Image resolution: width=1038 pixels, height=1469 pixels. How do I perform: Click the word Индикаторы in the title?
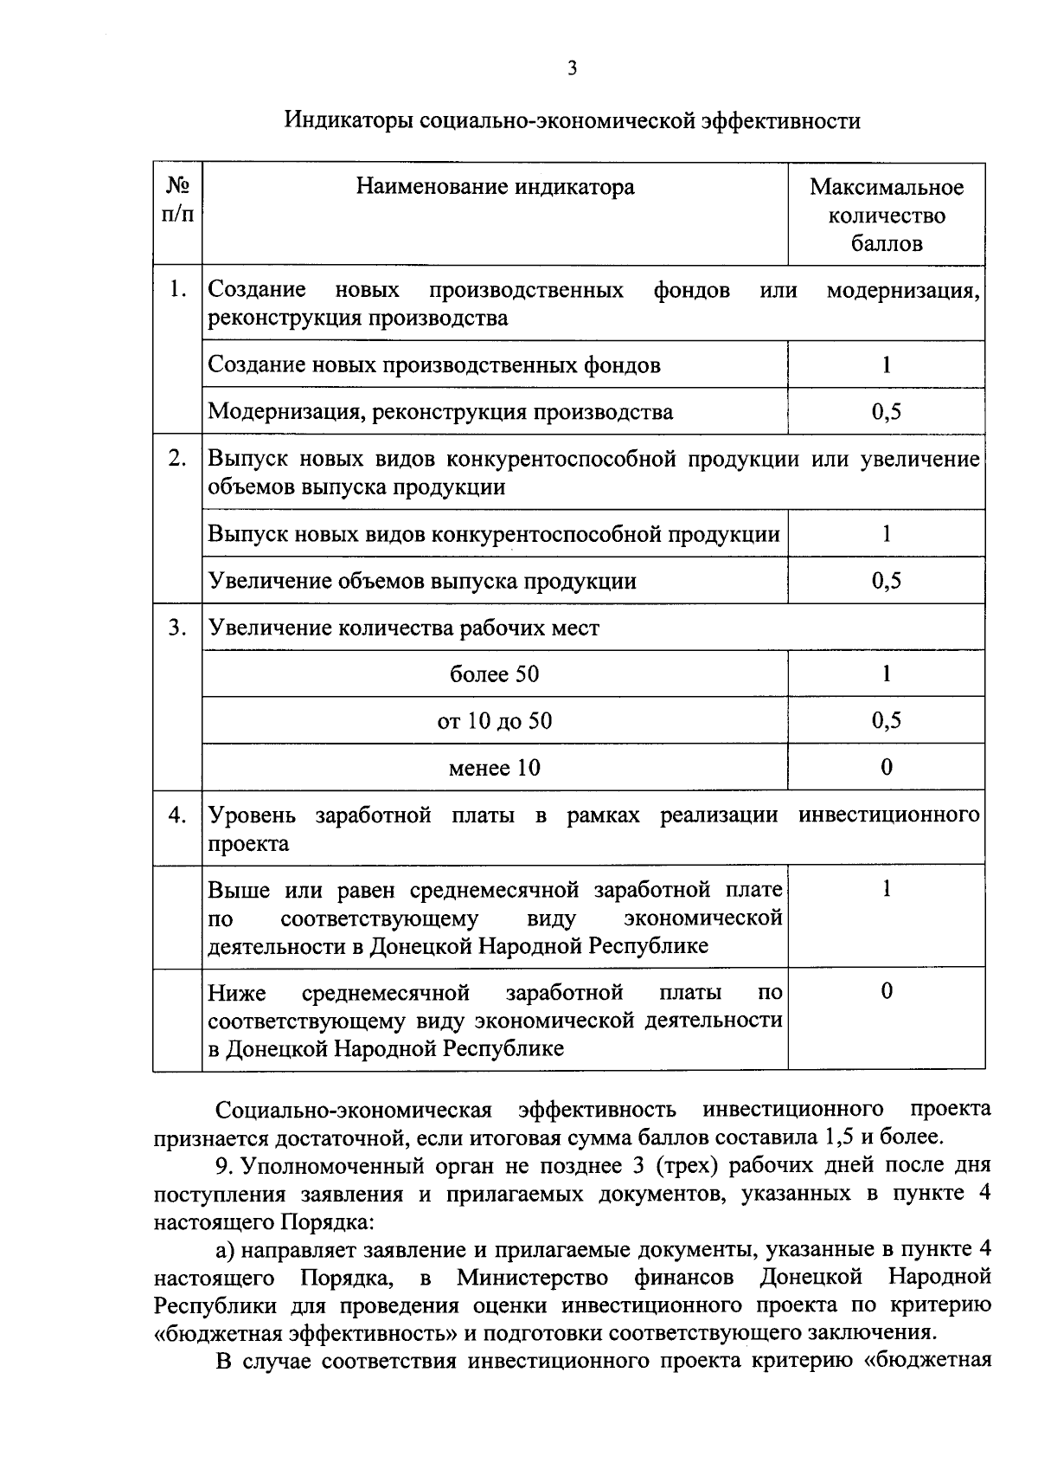click(348, 120)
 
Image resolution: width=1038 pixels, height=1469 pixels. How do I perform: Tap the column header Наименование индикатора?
click(495, 187)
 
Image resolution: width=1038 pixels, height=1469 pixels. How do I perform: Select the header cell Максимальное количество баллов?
click(886, 215)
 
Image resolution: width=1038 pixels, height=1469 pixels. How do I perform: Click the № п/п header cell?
click(177, 200)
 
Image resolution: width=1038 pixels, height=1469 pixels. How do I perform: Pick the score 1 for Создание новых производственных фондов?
click(886, 364)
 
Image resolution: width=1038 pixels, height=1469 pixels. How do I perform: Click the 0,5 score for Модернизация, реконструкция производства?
click(886, 411)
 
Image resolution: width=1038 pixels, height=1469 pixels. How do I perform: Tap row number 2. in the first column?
click(177, 458)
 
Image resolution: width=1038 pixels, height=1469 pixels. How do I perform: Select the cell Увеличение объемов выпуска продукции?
click(422, 581)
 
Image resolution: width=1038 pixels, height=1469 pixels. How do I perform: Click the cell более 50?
click(494, 673)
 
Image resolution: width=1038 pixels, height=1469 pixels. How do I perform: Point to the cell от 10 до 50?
click(494, 720)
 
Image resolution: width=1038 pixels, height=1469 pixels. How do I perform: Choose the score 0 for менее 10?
click(886, 767)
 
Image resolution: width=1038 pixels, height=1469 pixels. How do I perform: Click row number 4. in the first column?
click(177, 815)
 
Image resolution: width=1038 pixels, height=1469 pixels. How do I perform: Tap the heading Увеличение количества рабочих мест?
click(404, 628)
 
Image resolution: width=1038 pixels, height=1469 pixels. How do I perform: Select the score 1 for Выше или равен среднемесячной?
click(886, 890)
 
